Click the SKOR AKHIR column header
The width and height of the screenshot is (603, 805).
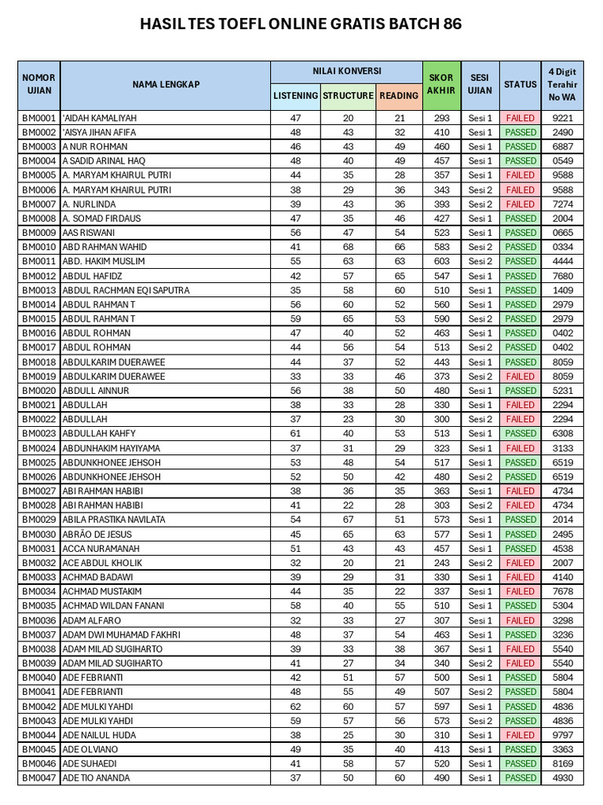441,84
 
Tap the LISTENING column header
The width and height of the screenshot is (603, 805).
295,96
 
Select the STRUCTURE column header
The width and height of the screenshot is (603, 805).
348,96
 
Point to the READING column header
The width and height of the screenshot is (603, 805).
399,96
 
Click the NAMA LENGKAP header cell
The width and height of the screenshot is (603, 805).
166,84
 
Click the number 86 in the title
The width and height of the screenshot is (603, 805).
451,24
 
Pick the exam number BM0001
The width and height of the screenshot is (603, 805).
38,118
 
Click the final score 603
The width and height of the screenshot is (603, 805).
441,261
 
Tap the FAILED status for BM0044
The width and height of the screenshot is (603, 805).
520,735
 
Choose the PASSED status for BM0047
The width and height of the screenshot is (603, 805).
520,778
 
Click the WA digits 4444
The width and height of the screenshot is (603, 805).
562,261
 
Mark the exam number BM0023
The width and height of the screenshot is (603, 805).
38,434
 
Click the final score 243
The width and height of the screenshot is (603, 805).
441,563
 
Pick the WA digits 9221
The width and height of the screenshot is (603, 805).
562,118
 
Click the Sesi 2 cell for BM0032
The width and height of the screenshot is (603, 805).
480,563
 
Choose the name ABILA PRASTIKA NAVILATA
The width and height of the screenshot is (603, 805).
114,520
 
